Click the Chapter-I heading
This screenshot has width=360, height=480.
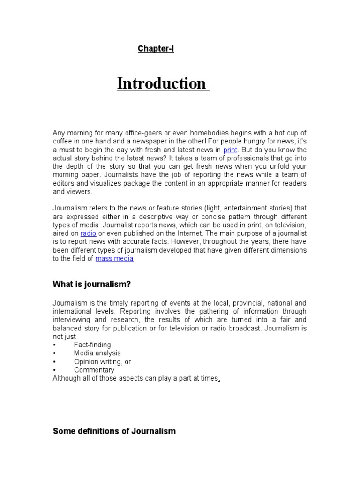click(156, 49)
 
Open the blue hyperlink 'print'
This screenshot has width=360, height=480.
click(230, 150)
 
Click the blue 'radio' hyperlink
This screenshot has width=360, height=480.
click(88, 233)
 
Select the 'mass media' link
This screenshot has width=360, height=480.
click(114, 259)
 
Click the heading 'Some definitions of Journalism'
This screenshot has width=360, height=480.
click(114, 431)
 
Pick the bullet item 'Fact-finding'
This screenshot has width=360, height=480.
click(92, 345)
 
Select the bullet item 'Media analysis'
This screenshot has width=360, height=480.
click(97, 353)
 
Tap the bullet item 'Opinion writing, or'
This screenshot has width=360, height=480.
click(102, 361)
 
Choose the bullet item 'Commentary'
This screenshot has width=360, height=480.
click(94, 370)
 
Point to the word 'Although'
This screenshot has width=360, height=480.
click(67, 378)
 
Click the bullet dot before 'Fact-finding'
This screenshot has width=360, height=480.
click(54, 345)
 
